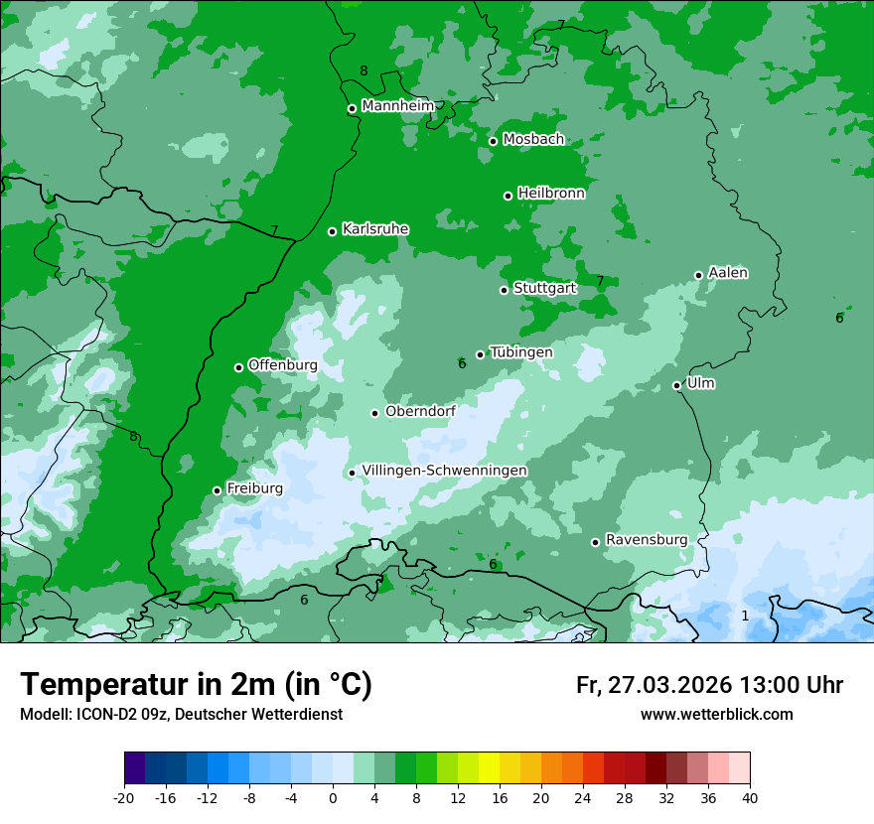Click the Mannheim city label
[x=397, y=105]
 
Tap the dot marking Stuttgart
[x=504, y=290]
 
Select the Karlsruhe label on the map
[x=374, y=229]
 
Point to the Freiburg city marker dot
[x=217, y=490]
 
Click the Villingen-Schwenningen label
[x=444, y=471]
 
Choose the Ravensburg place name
[x=646, y=540]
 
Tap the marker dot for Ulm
[x=676, y=385]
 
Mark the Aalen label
[x=728, y=273]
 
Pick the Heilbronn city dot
[x=508, y=196]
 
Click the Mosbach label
[x=532, y=140]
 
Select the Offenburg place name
[x=282, y=365]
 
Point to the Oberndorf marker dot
[x=374, y=413]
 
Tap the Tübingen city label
[x=520, y=352]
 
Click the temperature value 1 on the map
[x=745, y=616]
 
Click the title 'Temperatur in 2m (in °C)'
[x=196, y=685]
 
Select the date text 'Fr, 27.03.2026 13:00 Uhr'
[x=709, y=685]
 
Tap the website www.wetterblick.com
[x=716, y=714]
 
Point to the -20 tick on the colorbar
[x=124, y=797]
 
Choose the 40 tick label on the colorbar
[x=750, y=797]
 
